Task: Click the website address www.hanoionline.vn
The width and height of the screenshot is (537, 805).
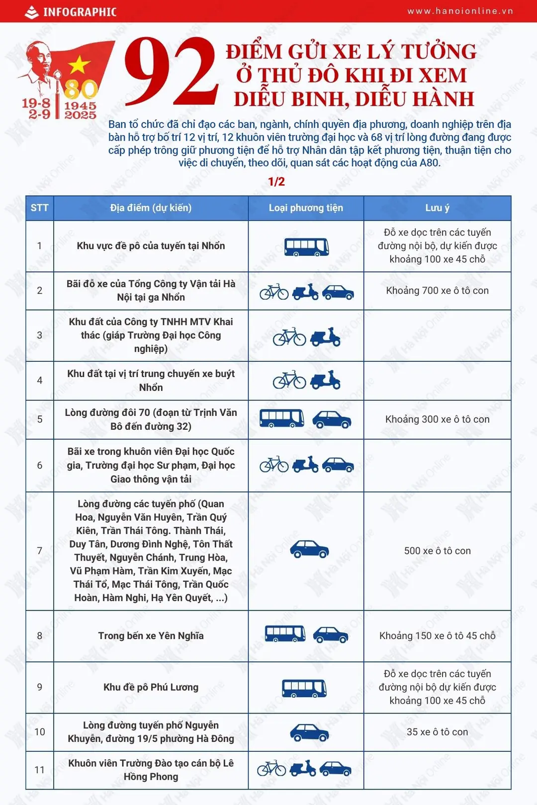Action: point(460,11)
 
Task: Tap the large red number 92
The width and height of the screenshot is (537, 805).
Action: point(172,72)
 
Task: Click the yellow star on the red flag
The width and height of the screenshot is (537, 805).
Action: point(79,65)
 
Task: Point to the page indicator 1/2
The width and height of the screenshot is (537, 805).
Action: point(276,182)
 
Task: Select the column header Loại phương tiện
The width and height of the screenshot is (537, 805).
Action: point(306,208)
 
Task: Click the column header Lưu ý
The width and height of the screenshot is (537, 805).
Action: point(437,208)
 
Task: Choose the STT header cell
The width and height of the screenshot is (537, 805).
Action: point(40,208)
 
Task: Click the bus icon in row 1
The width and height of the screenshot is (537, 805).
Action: point(306,246)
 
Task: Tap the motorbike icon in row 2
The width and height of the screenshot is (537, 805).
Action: point(305,292)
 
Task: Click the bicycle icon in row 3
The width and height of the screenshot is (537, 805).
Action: point(289,337)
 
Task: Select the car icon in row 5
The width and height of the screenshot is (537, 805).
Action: point(332,419)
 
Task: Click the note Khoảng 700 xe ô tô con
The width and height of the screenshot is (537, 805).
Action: point(437,291)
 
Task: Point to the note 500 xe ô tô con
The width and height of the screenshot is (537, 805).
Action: point(437,551)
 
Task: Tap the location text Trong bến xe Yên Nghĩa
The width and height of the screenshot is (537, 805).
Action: point(151,636)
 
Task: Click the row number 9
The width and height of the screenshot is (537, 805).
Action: point(40,687)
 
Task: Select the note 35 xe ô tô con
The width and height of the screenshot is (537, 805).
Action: point(437,732)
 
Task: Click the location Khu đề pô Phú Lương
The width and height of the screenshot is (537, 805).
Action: point(151,687)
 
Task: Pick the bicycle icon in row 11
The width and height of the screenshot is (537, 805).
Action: point(271,769)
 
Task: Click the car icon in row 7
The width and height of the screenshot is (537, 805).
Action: point(309,550)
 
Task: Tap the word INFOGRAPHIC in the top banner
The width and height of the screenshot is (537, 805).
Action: point(80,12)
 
